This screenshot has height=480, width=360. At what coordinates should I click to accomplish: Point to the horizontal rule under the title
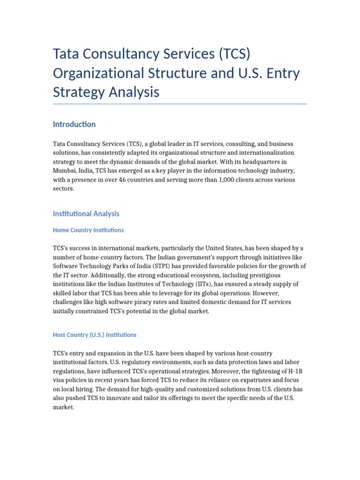pyautogui.click(x=180, y=104)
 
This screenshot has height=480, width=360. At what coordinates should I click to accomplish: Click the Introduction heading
pyautogui.click(x=74, y=124)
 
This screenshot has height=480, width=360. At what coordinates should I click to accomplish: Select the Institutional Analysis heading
pyautogui.click(x=86, y=214)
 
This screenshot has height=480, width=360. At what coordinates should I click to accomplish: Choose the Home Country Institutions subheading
pyautogui.click(x=89, y=230)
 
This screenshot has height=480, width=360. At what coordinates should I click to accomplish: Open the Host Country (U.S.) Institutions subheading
pyautogui.click(x=95, y=335)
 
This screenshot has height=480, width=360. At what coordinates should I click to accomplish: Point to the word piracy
pyautogui.click(x=142, y=302)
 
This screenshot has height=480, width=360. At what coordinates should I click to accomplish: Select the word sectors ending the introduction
pyautogui.click(x=63, y=188)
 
